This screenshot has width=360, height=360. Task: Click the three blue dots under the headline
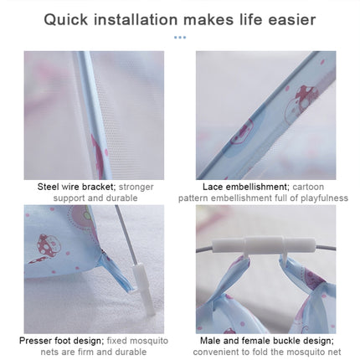(180, 38)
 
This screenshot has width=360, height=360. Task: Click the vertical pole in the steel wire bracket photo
(87, 109)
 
